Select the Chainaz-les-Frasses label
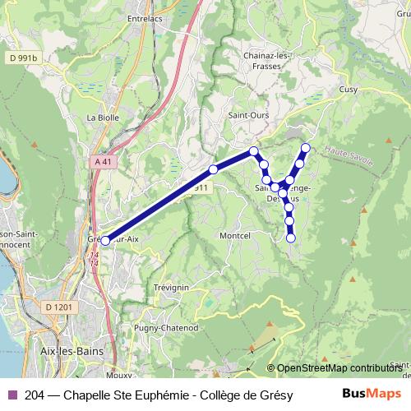(265, 60)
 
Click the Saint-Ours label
(248, 115)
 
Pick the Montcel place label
(235, 234)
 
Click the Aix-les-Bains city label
(66, 350)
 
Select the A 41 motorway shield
(103, 162)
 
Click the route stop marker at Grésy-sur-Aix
(105, 240)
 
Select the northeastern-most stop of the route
(306, 148)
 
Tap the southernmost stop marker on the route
(291, 238)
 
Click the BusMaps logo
(371, 395)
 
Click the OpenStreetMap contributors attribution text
(339, 369)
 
